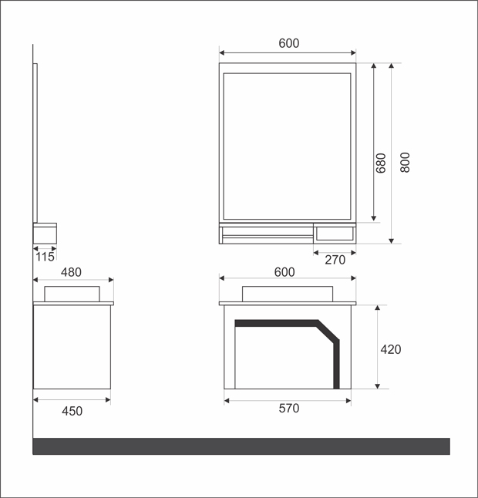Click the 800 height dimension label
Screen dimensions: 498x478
point(406,163)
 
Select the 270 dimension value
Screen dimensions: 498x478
point(335,261)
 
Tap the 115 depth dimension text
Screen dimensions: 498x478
point(45,257)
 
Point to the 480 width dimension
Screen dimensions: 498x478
point(71,272)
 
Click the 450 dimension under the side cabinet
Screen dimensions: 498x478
point(72,411)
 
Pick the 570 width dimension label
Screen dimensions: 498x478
point(288,409)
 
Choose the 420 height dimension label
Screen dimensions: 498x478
point(391,349)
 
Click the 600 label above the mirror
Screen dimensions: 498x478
point(288,44)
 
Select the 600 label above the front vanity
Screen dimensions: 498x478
point(284,272)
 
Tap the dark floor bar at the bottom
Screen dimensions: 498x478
point(241,446)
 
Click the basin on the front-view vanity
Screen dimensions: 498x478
point(288,293)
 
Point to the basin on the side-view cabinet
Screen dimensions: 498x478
point(72,293)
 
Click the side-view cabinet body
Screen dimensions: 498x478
point(72,347)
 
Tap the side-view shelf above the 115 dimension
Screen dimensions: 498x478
point(45,233)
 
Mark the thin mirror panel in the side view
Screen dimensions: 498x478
point(35,139)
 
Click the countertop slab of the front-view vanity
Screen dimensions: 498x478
point(288,303)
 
